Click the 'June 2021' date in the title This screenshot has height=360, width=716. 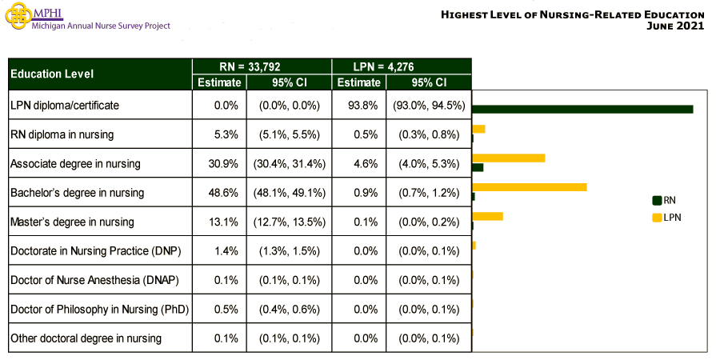point(677,26)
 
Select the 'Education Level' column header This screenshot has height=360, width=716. point(51,74)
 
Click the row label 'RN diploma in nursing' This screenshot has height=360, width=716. point(62,134)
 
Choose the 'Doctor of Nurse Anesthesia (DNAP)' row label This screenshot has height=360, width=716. point(94,280)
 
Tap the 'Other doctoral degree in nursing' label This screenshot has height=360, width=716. point(86,338)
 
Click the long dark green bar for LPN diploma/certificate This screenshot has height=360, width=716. point(582,109)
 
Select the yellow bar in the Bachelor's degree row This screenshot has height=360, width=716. point(530,187)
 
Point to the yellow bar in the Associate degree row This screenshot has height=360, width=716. point(509,158)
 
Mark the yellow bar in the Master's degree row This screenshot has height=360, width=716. point(488,216)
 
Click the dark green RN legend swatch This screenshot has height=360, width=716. point(658,200)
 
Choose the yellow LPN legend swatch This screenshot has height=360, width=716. point(658,217)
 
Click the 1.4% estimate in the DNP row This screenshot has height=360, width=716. point(226,250)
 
